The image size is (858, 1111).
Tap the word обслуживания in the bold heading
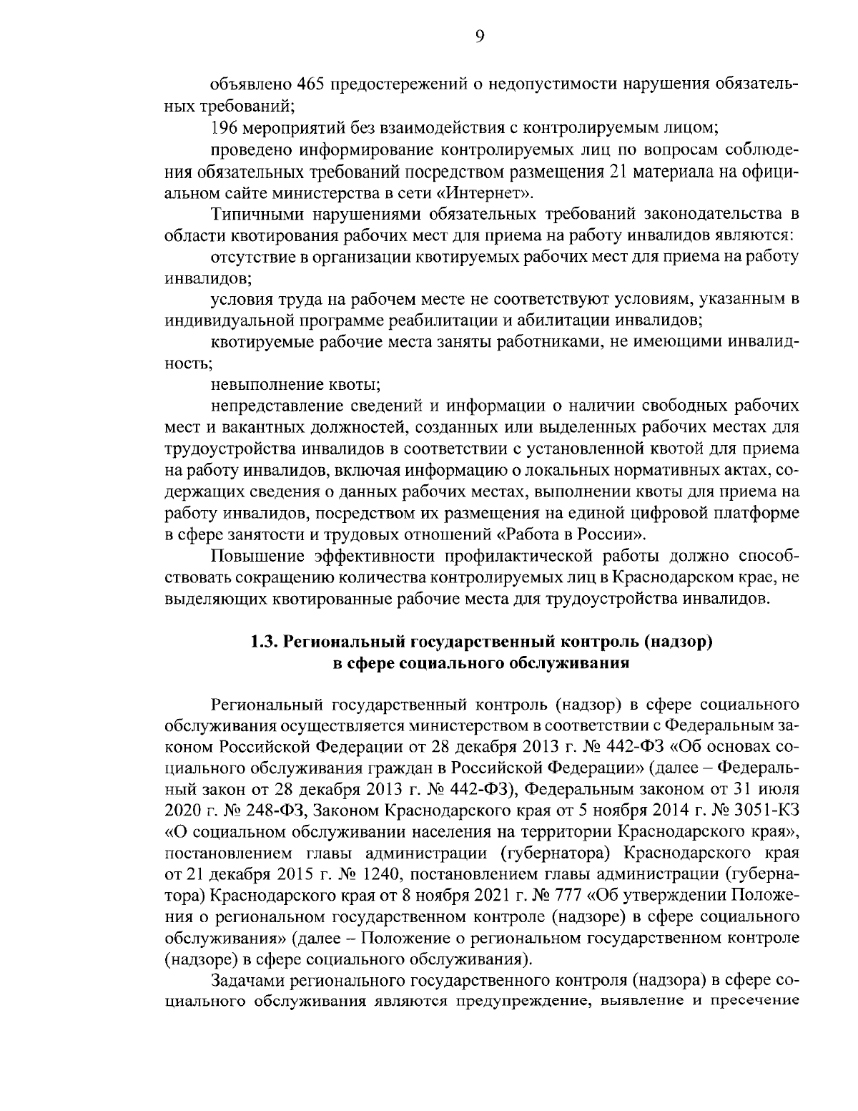[x=569, y=662]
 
